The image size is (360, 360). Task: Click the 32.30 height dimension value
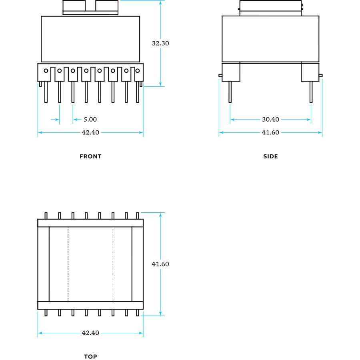[160, 43]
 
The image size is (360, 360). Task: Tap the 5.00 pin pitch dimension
[90, 119]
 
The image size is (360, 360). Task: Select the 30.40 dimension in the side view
[270, 119]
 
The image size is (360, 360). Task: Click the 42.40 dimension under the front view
[90, 132]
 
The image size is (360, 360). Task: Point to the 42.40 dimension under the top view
[90, 333]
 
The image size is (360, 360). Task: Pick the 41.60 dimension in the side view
[270, 132]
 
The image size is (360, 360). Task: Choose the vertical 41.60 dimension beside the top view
[160, 264]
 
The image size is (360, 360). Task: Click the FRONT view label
[90, 156]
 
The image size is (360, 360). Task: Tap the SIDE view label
[270, 156]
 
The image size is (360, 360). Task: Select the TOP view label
[90, 356]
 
